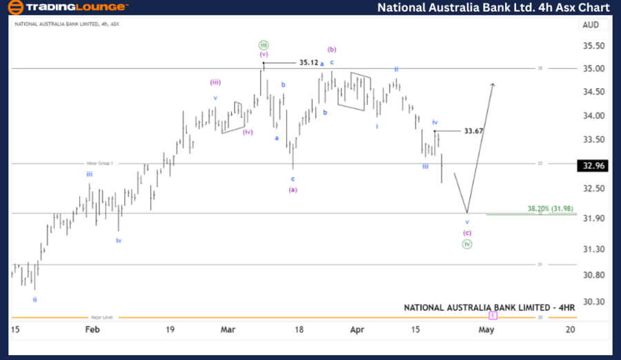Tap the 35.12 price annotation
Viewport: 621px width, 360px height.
pos(308,62)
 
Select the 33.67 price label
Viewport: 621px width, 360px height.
pos(473,130)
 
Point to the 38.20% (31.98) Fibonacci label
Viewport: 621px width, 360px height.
pos(550,208)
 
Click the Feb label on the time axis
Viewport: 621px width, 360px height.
pos(92,330)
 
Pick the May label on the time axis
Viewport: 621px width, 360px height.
pos(486,330)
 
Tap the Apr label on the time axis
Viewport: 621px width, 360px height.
pos(356,330)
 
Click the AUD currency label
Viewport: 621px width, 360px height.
pos(591,24)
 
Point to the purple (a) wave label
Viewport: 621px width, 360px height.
pos(293,190)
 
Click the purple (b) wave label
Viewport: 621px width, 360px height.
pos(332,49)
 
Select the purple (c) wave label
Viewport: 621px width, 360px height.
pos(467,232)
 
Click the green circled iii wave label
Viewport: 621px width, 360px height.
pos(263,43)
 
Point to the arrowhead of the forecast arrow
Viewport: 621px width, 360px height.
pos(493,85)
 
